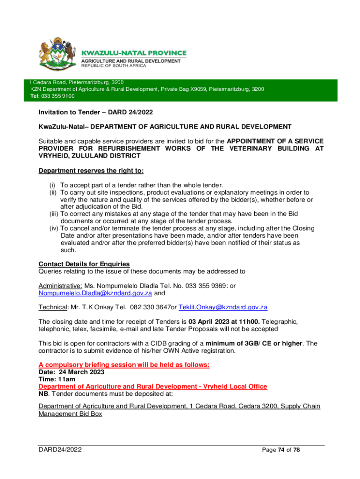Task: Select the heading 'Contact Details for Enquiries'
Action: point(84,264)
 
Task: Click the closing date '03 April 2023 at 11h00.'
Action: point(224,322)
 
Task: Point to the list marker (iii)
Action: point(54,214)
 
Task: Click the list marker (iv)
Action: point(54,228)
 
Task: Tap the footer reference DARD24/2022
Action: point(62,450)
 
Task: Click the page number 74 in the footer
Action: point(281,450)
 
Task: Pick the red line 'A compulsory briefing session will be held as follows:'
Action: point(124,365)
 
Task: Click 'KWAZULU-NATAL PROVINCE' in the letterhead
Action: point(134,53)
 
